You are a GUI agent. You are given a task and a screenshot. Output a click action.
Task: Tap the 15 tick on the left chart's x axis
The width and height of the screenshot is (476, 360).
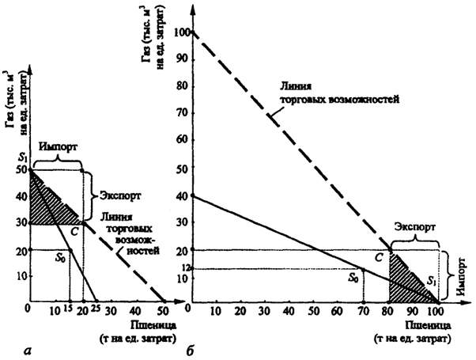click(68, 311)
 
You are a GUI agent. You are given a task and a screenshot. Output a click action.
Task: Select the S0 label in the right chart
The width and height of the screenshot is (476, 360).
click(353, 279)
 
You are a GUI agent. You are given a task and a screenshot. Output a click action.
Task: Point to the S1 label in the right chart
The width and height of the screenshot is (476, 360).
click(430, 281)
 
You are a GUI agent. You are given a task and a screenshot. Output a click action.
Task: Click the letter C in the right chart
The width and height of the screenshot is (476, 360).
click(378, 256)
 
